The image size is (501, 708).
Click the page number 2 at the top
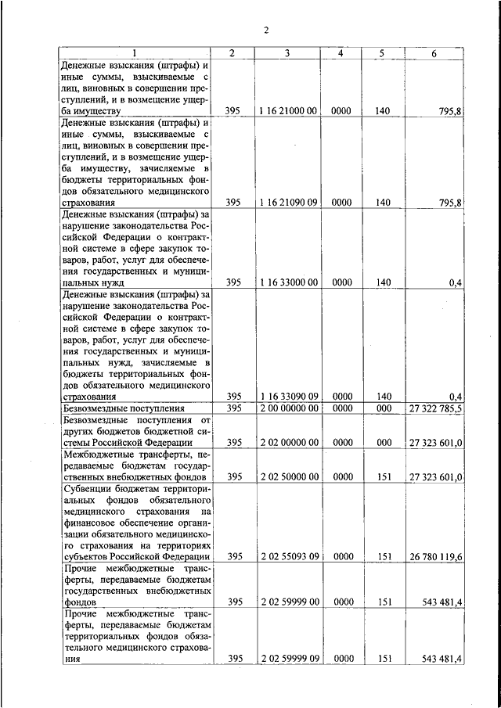265,31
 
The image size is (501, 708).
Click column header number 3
287,52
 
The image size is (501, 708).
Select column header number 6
434,52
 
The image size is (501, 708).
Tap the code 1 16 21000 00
287,111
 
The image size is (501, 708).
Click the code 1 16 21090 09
287,202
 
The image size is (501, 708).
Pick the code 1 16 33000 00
287,282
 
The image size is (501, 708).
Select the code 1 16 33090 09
287,396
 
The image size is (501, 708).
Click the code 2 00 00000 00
287,408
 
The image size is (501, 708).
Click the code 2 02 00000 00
287,442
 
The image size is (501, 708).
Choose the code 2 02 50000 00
287,476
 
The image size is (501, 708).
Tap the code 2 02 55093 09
287,556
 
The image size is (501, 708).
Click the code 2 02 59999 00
287,602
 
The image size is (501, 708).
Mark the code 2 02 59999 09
287,659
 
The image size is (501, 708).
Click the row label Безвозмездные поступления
123,408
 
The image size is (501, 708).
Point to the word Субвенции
88,488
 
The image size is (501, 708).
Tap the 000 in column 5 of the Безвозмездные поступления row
382,408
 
